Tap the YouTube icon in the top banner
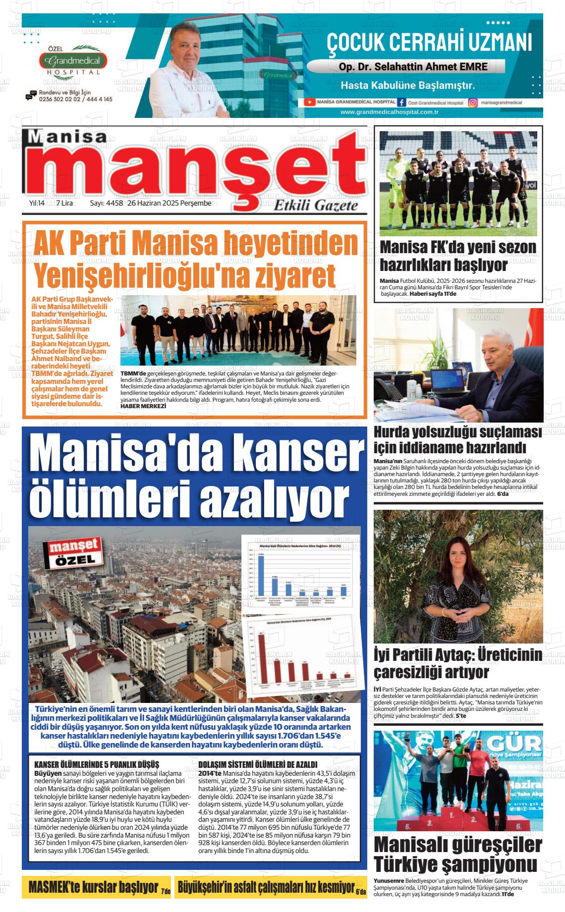(309, 102)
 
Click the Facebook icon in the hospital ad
(401, 102)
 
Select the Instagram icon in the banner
(472, 103)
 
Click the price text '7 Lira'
(64, 203)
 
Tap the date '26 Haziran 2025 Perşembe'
(169, 203)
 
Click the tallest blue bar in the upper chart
(261, 575)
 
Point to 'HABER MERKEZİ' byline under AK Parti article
(143, 406)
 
